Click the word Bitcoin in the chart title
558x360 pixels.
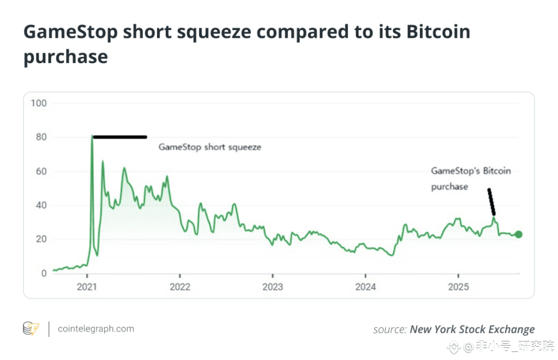point(437,32)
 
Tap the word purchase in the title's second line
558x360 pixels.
point(65,56)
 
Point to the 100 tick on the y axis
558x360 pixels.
point(38,103)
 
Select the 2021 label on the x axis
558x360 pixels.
point(87,287)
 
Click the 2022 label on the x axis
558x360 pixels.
point(179,287)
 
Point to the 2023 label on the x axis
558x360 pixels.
point(272,287)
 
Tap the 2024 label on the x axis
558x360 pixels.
point(365,287)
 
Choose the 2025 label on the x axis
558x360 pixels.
point(458,287)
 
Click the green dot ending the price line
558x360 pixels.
point(518,234)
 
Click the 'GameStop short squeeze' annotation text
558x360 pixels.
point(210,147)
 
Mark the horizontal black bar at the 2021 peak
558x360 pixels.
point(120,137)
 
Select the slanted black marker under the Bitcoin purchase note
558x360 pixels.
point(491,201)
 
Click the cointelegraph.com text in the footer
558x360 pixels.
point(96,329)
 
